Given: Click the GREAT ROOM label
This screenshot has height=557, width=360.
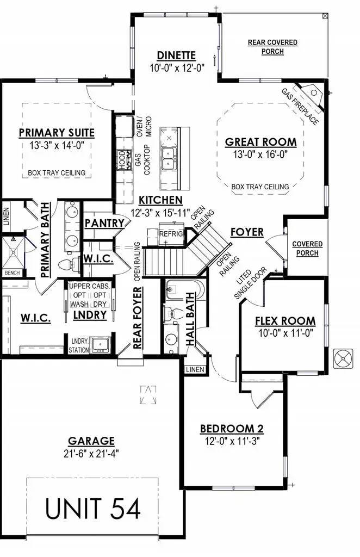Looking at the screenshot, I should click(261, 143).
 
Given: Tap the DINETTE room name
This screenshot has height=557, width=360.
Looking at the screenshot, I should click(176, 55).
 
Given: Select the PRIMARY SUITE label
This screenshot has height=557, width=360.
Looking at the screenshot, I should click(57, 133).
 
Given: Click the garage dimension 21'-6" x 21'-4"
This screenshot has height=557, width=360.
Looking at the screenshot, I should click(91, 453).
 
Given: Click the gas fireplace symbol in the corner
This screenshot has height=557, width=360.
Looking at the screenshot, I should click(312, 94).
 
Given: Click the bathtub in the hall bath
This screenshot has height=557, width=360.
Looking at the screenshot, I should click(184, 289).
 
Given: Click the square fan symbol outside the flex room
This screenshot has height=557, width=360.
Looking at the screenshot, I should click(343, 358).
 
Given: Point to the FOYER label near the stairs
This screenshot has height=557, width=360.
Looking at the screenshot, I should click(246, 232).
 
